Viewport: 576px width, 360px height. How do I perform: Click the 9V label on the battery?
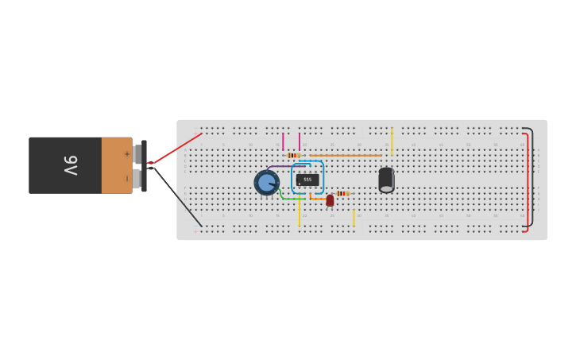tap(70, 165)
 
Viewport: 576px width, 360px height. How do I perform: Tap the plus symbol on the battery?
tap(126, 153)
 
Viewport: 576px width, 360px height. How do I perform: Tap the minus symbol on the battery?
tap(126, 178)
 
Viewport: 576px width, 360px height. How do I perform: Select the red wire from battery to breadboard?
tap(176, 149)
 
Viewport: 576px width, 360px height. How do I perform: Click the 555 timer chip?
tap(307, 180)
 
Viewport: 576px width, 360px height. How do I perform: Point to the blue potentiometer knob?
tap(266, 183)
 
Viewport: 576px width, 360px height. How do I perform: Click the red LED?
tap(330, 200)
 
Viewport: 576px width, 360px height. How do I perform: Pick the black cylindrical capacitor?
tap(386, 180)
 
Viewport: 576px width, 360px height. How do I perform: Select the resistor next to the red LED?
tap(342, 193)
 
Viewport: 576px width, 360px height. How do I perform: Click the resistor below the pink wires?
tap(293, 156)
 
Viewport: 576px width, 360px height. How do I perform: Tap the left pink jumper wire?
tap(283, 141)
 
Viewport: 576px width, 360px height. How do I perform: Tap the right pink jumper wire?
tap(300, 141)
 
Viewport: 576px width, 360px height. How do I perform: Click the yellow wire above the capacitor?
tap(392, 141)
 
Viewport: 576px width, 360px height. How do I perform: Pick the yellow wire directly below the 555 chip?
tap(300, 213)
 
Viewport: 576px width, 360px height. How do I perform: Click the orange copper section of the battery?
tap(117, 165)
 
